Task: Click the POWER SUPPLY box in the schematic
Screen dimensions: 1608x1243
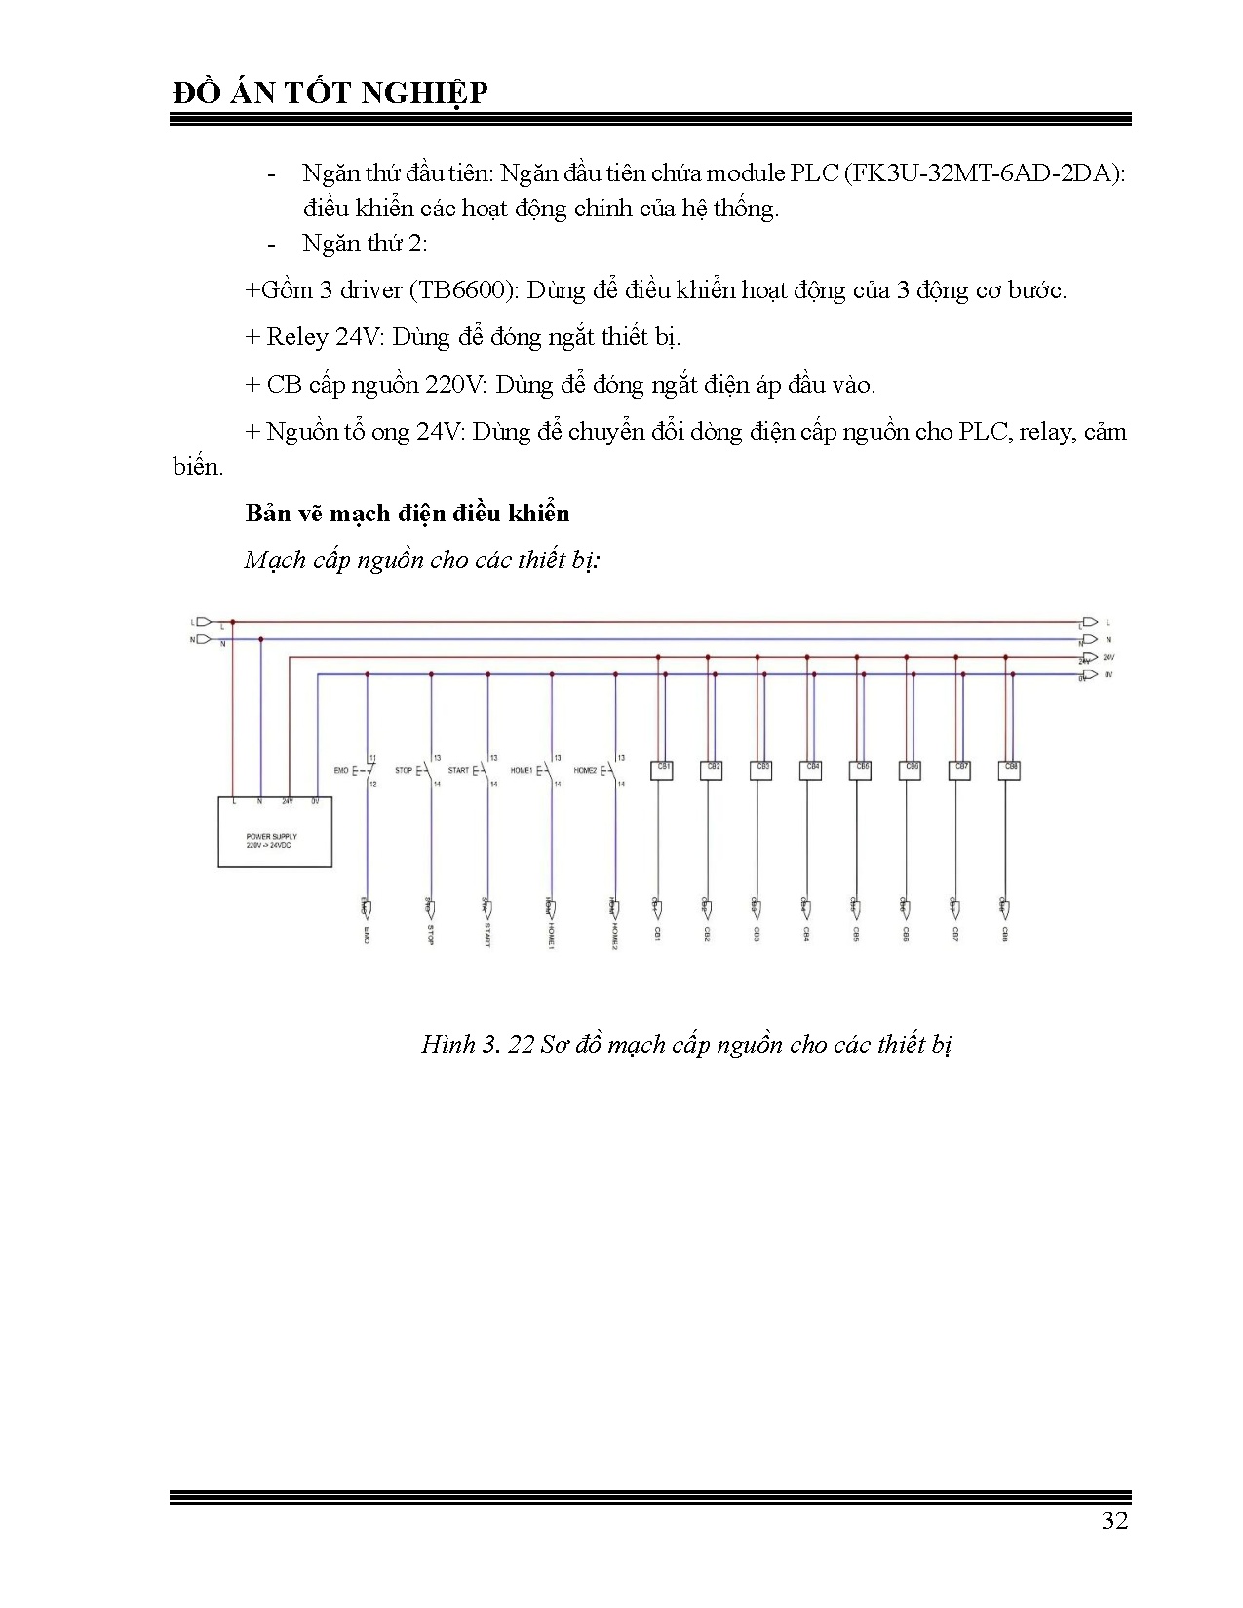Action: click(x=274, y=831)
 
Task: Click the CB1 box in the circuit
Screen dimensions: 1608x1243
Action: click(x=663, y=769)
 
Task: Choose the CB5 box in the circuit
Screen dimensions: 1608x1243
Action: click(x=861, y=769)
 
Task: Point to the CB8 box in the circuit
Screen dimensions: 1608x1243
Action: click(x=1010, y=769)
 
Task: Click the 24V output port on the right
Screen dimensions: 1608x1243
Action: click(x=1090, y=658)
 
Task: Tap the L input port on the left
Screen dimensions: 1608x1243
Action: click(x=203, y=621)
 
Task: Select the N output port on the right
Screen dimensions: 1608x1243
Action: click(x=1090, y=639)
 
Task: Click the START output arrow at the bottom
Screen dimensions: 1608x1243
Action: click(x=486, y=908)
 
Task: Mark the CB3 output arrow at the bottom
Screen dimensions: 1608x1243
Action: click(x=757, y=908)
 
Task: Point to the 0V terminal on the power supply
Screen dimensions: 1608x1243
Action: click(x=315, y=802)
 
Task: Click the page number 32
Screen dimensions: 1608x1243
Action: click(x=1114, y=1521)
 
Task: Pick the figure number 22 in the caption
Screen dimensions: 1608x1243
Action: click(x=522, y=1045)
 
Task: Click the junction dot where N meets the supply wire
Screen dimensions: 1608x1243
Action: click(x=260, y=639)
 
